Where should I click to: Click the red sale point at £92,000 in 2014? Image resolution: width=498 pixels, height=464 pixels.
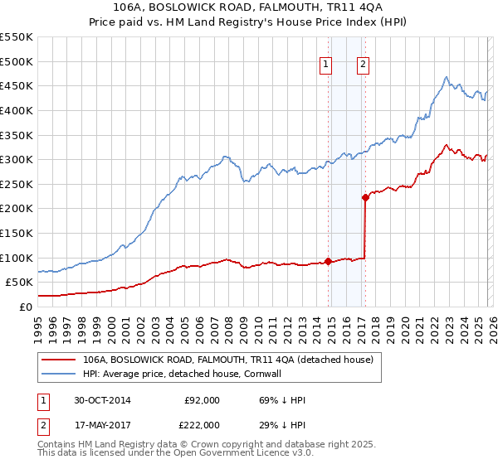point(329,261)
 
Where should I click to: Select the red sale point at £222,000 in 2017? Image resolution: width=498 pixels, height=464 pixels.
point(365,197)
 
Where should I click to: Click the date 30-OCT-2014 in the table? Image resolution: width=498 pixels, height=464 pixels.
point(102,400)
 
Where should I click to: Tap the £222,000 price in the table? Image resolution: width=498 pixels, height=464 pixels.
point(202,424)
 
